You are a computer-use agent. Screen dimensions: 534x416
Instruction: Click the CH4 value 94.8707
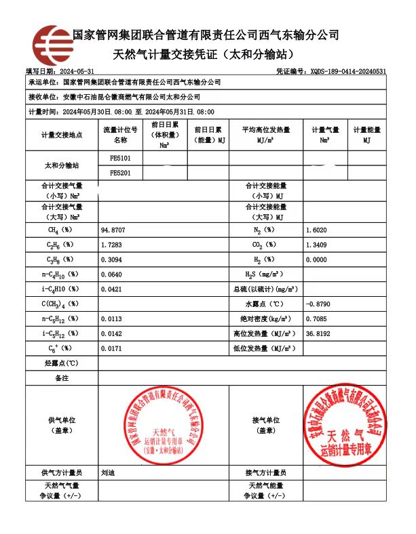[113, 230]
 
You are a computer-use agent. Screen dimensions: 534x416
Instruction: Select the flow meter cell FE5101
[120, 158]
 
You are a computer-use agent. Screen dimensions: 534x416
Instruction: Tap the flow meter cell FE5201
[120, 173]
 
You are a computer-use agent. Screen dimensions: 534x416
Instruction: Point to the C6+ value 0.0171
[112, 348]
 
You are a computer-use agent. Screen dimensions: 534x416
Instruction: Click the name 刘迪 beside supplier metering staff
[107, 472]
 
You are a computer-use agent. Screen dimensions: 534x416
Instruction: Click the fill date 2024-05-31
[77, 71]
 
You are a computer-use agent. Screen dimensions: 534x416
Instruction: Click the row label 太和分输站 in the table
[62, 165]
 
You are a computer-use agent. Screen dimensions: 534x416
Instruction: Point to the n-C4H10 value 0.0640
[112, 274]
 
